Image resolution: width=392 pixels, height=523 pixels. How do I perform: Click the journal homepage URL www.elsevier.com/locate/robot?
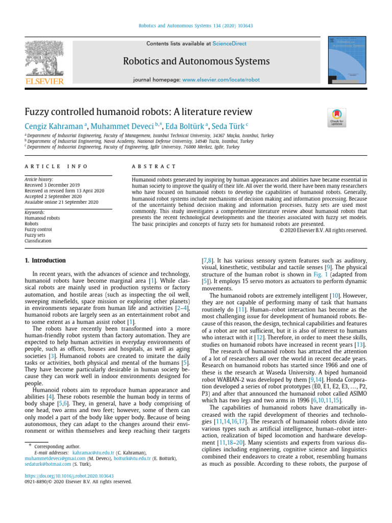(221, 80)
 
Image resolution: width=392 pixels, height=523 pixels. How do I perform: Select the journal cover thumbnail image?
(347, 60)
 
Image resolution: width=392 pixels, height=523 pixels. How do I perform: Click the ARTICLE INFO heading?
(56, 167)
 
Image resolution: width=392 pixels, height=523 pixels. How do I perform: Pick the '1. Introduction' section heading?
(45, 260)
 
